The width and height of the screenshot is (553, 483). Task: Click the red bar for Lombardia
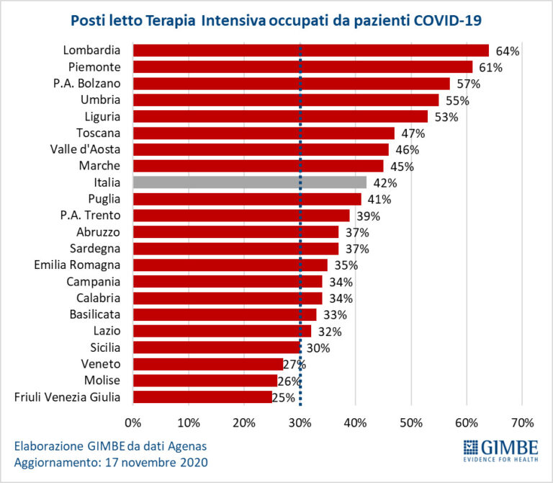click(310, 50)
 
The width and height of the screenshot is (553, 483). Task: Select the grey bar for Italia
click(249, 182)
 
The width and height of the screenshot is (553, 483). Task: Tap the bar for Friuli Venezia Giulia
click(202, 396)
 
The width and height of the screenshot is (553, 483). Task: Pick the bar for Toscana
click(264, 133)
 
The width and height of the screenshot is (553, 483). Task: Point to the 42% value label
click(385, 183)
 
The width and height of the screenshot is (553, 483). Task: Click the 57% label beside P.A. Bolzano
click(469, 84)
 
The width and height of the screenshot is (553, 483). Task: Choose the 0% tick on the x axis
click(133, 422)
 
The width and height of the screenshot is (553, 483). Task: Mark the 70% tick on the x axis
click(522, 422)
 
